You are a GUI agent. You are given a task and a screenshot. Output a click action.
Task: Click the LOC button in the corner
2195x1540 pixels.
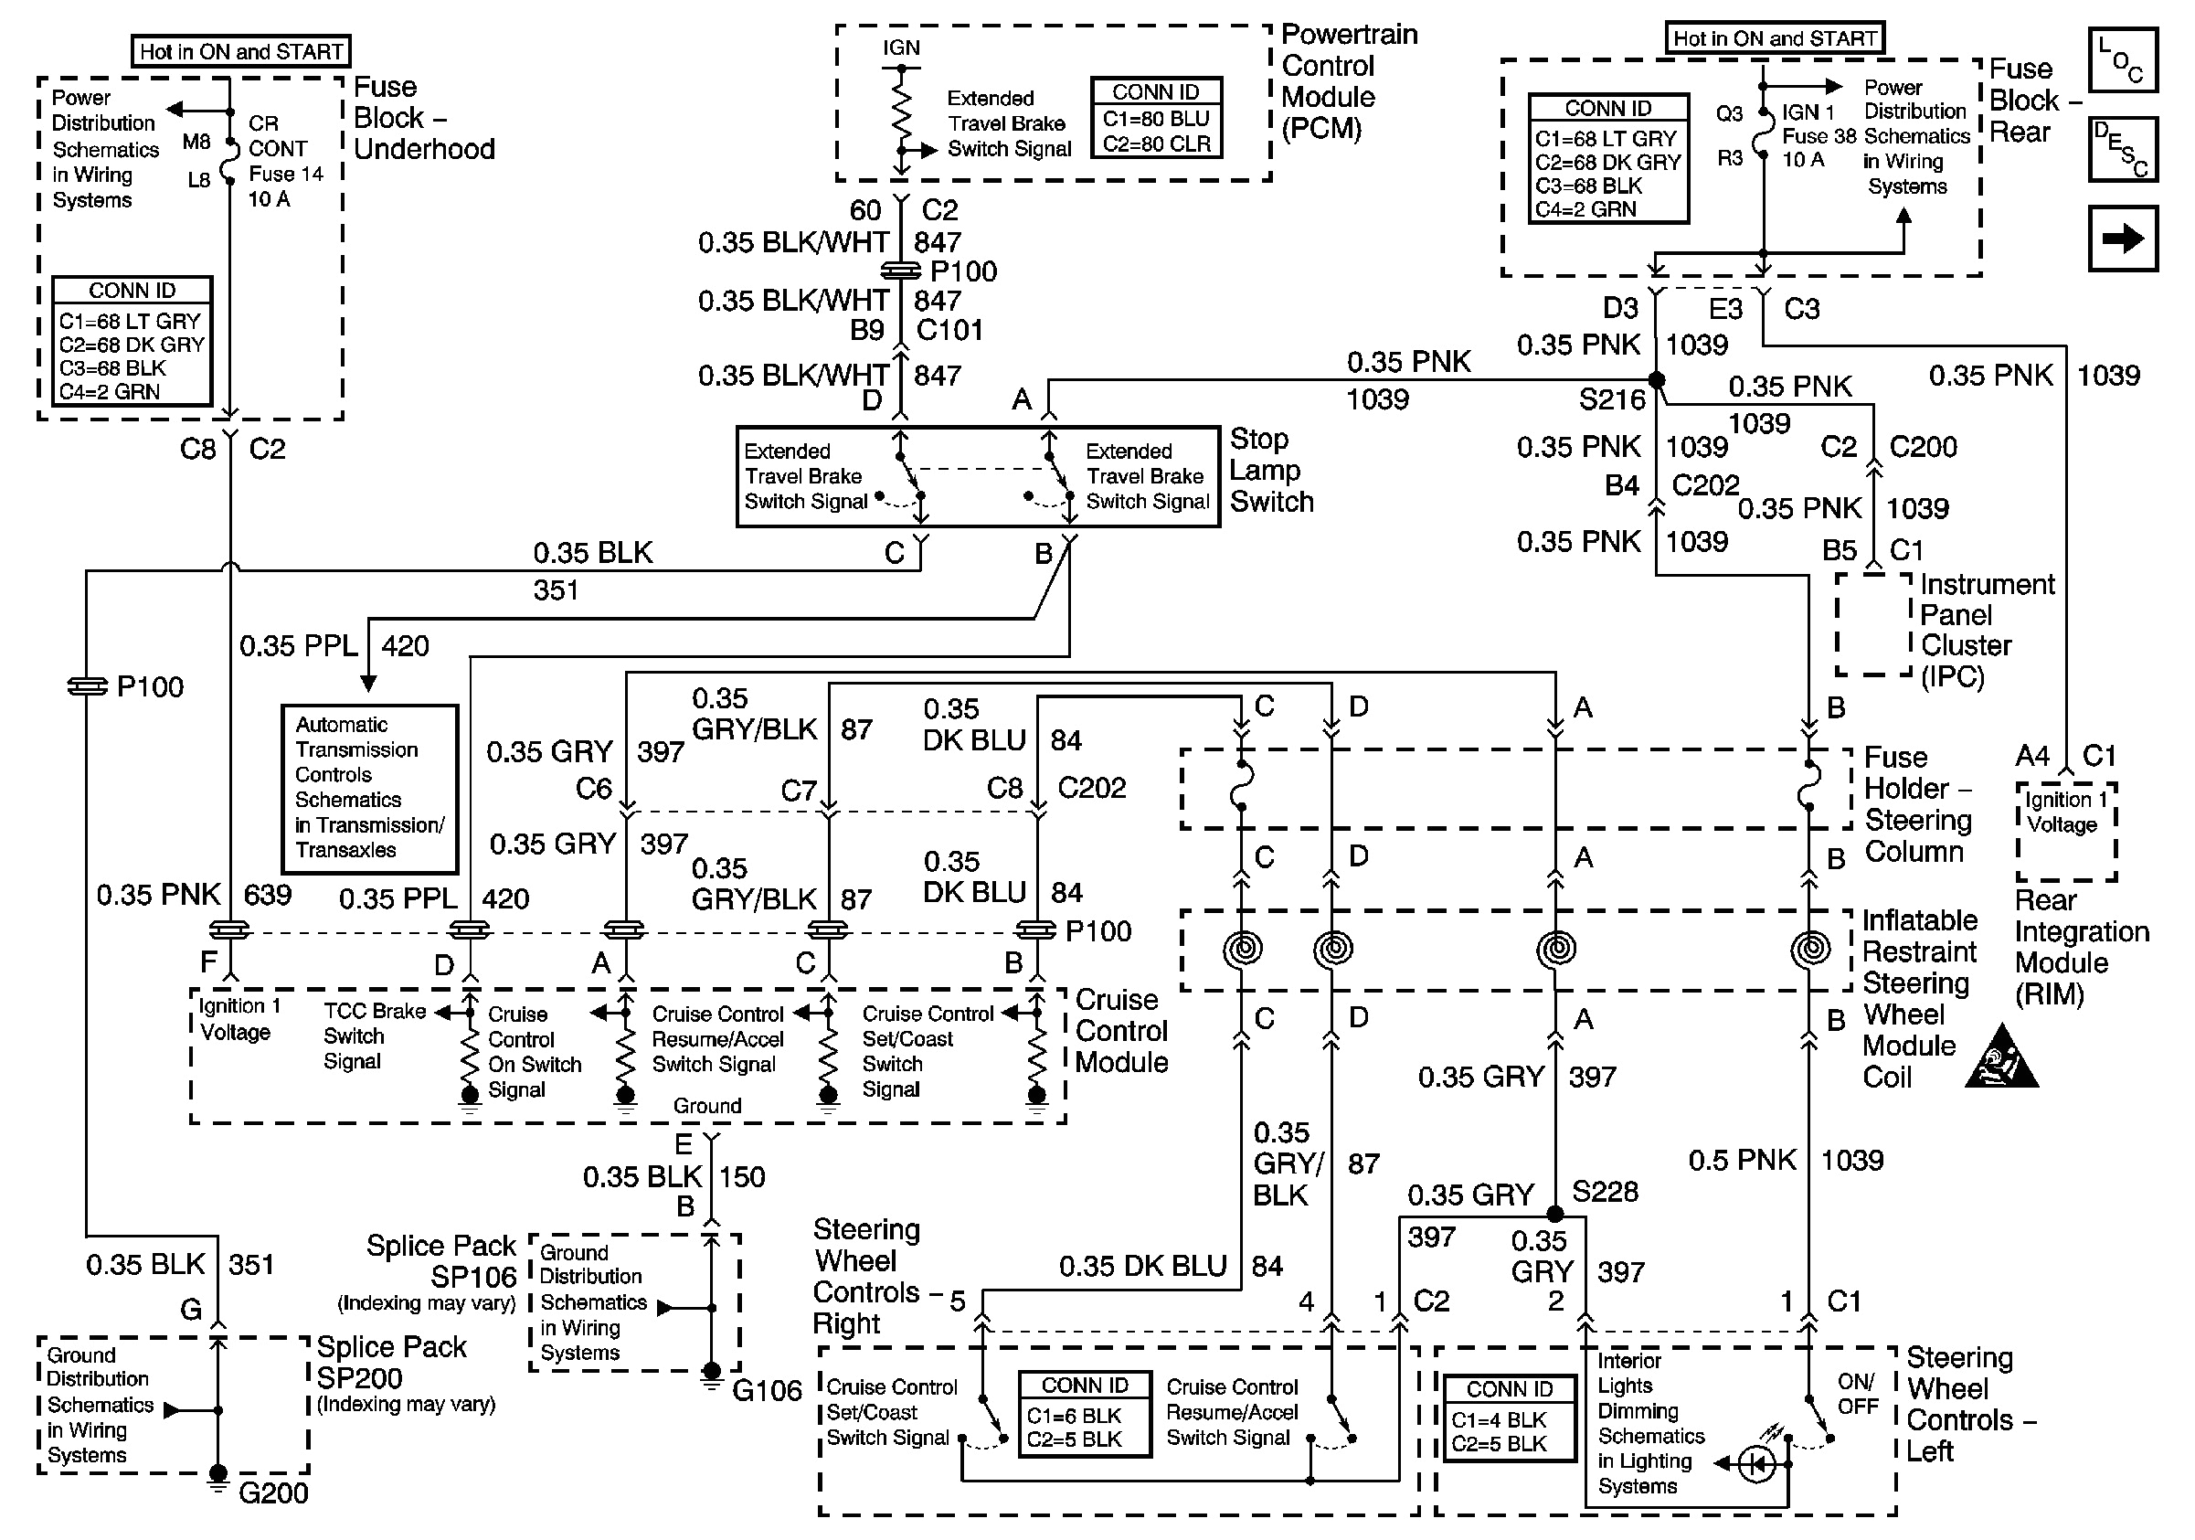2121,59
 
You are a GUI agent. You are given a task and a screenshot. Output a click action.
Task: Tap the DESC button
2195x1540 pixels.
2121,149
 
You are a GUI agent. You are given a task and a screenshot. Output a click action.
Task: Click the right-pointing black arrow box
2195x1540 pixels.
2121,238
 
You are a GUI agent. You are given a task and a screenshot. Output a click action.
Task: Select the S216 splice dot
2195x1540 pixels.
1657,380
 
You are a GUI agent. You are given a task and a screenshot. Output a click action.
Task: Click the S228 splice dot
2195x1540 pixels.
1555,1214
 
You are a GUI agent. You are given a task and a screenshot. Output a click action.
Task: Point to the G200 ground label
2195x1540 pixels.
272,1493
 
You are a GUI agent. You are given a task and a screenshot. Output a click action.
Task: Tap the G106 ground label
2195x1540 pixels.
767,1391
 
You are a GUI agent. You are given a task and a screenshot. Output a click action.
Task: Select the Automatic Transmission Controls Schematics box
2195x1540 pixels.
369,788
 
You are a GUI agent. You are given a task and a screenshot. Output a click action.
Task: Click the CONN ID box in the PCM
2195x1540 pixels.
1156,118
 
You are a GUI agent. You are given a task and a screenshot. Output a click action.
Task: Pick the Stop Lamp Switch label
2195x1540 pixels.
1270,471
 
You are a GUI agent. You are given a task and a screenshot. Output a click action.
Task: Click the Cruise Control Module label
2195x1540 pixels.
1120,1032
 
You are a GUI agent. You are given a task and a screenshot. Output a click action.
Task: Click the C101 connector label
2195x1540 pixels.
949,331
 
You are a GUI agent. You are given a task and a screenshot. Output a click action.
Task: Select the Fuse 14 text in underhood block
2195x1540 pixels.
285,174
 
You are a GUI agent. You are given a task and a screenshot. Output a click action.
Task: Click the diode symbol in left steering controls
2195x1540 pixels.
1755,1463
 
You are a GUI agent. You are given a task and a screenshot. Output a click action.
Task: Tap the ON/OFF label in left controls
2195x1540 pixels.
1857,1394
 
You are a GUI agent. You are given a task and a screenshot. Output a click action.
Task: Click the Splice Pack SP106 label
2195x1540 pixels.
441,1261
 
